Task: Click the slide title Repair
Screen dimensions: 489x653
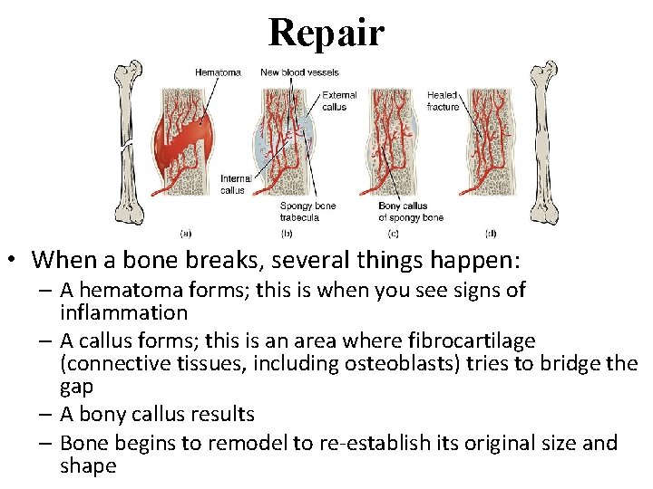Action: [x=326, y=33]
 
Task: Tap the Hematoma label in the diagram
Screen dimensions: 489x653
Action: [x=218, y=72]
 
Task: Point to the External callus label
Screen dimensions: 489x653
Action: [x=339, y=101]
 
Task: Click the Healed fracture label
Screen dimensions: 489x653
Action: [x=443, y=101]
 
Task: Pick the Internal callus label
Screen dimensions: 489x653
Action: [x=236, y=185]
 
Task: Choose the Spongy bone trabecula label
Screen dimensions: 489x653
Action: [x=307, y=212]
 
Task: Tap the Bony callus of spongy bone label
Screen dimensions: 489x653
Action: [x=411, y=212]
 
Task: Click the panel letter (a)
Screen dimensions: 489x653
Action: [x=186, y=232]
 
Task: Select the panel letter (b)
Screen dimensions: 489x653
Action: [x=287, y=232]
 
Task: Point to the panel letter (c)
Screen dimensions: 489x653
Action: [x=392, y=232]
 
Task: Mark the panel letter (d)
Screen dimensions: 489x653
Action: [x=491, y=232]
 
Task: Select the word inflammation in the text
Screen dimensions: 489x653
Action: [x=123, y=313]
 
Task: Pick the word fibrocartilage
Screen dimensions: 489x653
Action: [x=474, y=340]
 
